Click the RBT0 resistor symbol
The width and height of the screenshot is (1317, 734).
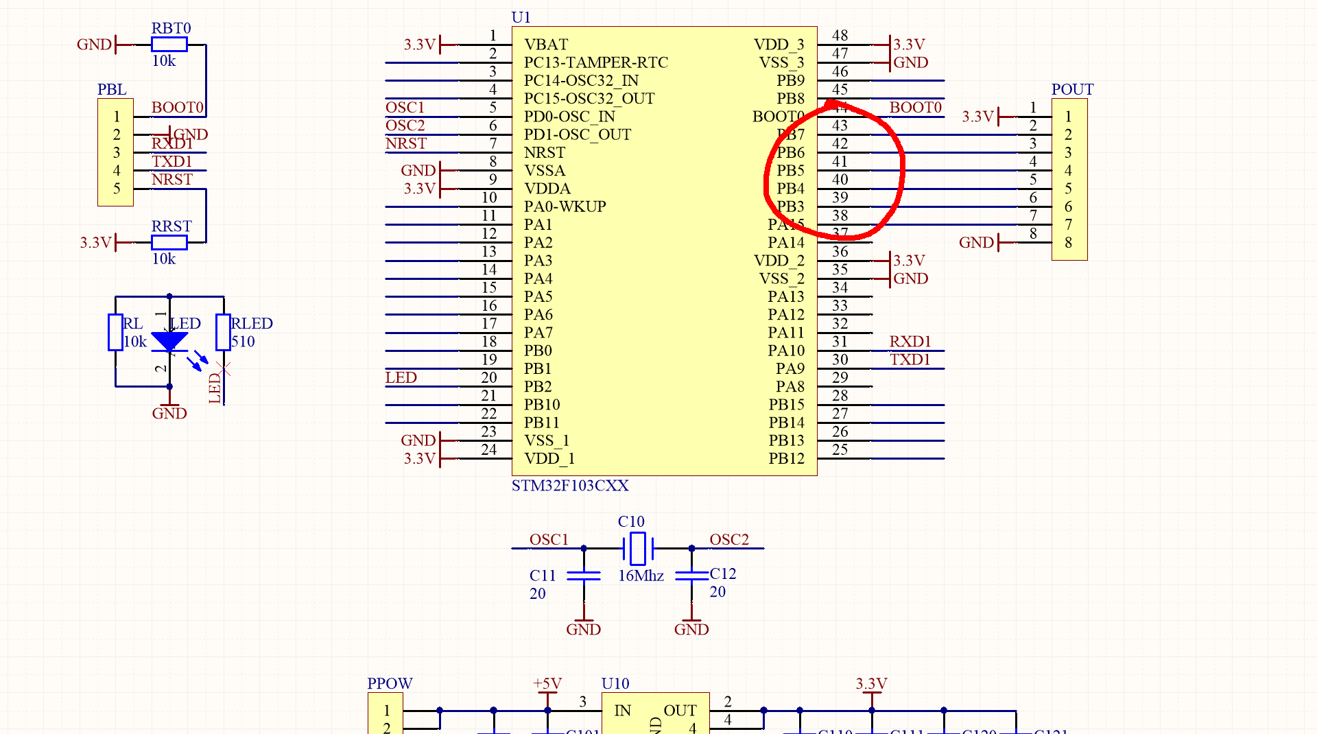coord(169,45)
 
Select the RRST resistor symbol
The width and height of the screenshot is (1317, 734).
coord(169,242)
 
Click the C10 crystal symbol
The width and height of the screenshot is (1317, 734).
coord(638,548)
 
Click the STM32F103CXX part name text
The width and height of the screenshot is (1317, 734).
coord(570,486)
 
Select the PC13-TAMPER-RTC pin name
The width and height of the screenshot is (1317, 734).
coord(595,62)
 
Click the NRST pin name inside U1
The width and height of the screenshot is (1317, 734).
coord(545,152)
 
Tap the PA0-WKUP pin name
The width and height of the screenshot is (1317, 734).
coord(565,206)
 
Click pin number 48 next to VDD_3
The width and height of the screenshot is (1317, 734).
coord(840,36)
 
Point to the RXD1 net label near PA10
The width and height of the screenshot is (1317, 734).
coord(910,342)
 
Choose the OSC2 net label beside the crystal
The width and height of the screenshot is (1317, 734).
coord(728,540)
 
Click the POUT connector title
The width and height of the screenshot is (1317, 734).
coord(1072,90)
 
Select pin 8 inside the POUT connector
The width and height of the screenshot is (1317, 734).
coord(1068,243)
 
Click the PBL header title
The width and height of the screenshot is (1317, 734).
coord(112,90)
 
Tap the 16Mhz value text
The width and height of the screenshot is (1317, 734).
coord(641,576)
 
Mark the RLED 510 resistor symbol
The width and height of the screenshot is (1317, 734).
coord(223,332)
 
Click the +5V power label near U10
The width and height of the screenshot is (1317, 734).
coord(547,684)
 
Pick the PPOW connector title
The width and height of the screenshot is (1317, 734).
coord(390,684)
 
